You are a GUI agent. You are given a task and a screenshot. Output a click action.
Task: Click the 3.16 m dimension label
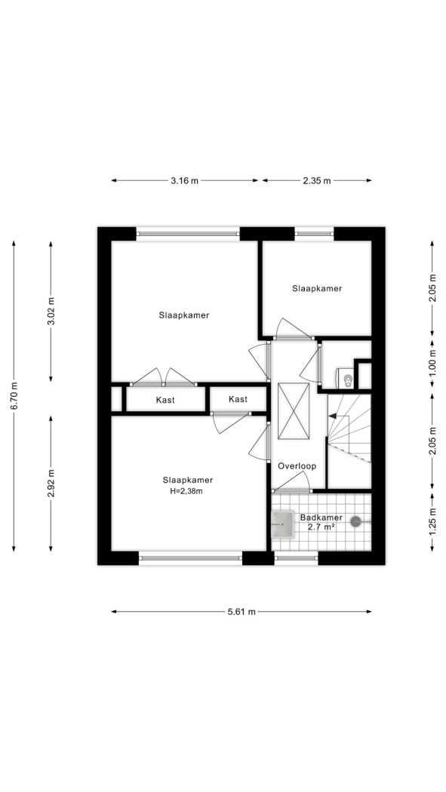point(184,180)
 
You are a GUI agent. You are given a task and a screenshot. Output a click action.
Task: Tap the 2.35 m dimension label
point(317,180)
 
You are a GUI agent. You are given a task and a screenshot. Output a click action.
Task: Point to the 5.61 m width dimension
point(241,612)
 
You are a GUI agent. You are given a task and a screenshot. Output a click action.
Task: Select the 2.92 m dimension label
point(51,483)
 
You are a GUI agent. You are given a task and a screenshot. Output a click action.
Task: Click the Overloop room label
point(297,466)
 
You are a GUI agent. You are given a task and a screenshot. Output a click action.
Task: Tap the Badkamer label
point(321,517)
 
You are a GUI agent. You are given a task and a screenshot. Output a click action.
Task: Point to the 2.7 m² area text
point(321,526)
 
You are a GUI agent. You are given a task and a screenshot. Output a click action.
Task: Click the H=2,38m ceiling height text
point(186,490)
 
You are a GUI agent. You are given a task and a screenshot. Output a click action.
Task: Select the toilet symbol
point(346,378)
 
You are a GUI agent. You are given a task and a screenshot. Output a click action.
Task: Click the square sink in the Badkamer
point(282,524)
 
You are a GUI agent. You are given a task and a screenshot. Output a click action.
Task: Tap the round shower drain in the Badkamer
point(356,520)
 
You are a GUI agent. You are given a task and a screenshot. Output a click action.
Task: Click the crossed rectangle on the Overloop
point(294,411)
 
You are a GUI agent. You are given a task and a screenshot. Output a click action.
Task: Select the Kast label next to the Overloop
point(238,400)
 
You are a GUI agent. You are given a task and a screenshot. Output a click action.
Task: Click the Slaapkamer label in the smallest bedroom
point(317,288)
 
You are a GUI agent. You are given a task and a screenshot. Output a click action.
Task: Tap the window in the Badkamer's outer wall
point(297,557)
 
